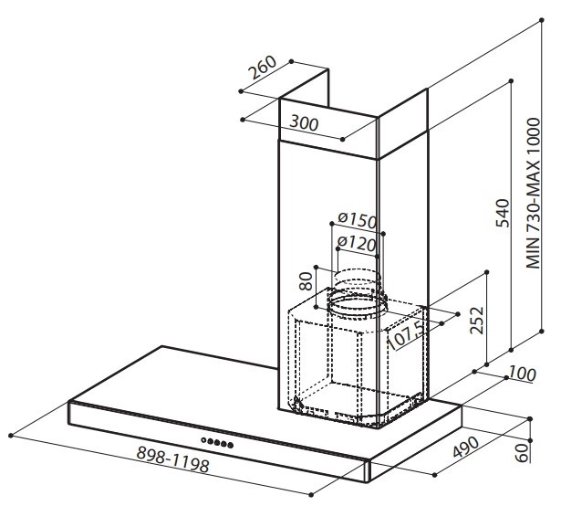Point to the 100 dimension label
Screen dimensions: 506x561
pos(523,375)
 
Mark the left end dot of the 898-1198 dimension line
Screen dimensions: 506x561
pos(9,430)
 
